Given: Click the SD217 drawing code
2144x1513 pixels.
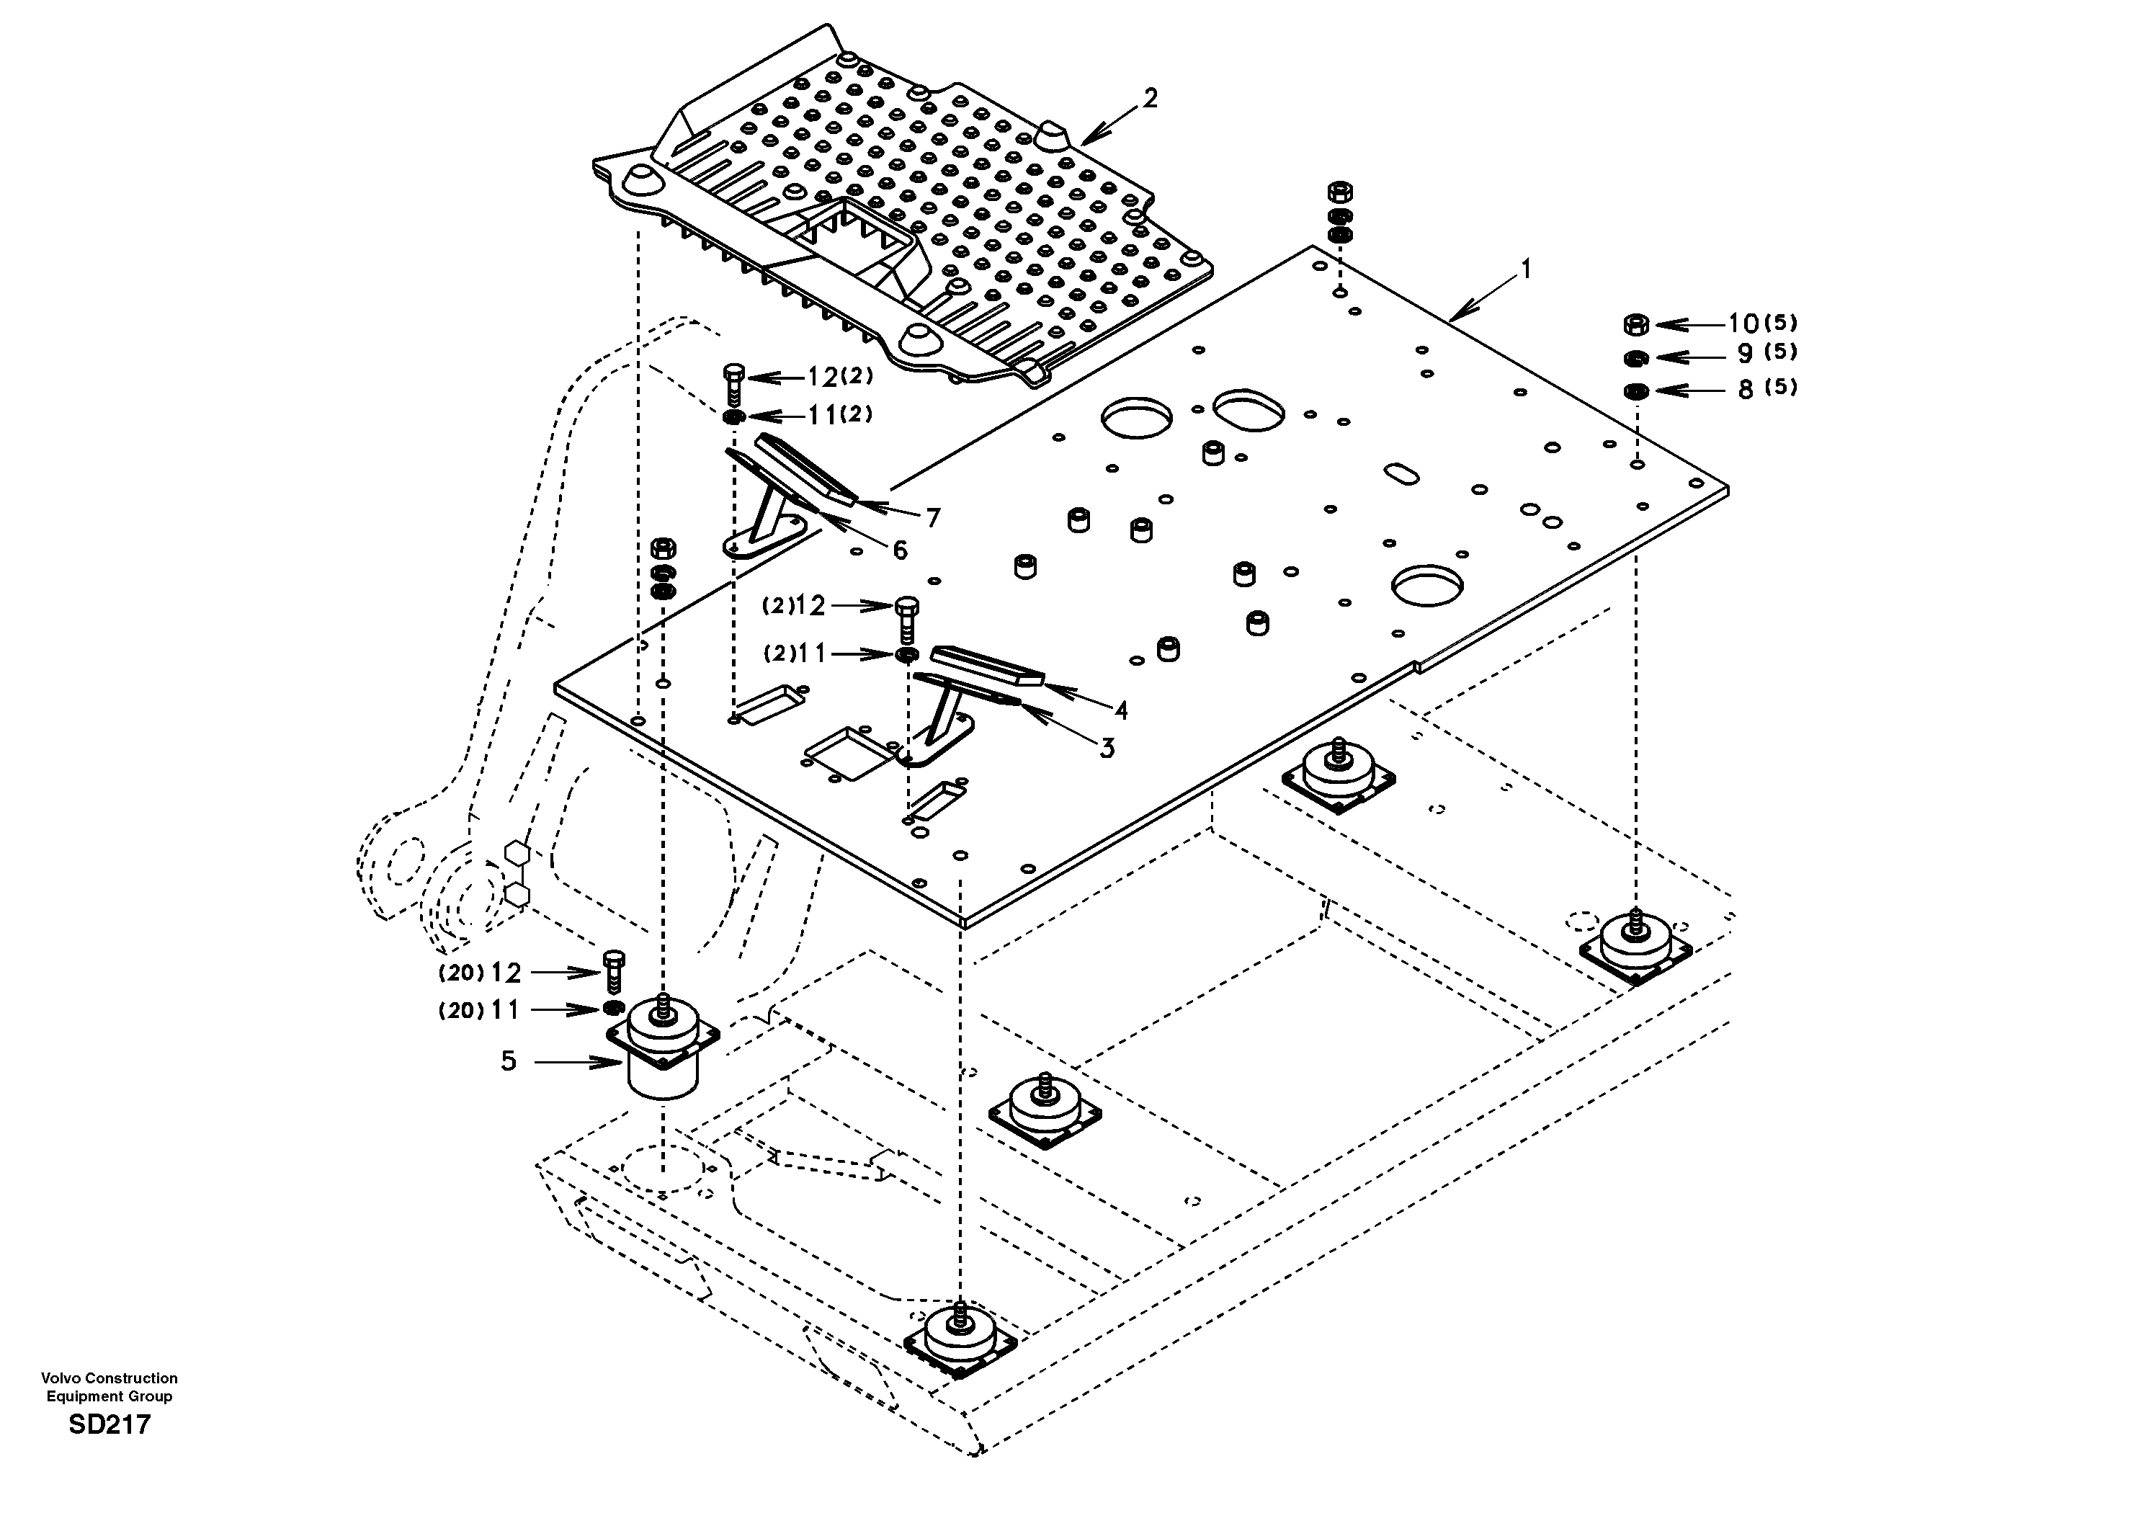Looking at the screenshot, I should pyautogui.click(x=110, y=1425).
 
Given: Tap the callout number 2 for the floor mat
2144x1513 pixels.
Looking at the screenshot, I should pyautogui.click(x=1151, y=98).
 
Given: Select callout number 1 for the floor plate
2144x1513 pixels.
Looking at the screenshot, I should pyautogui.click(x=1526, y=270).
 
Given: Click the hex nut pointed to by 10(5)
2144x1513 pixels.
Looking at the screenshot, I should pyautogui.click(x=1636, y=324).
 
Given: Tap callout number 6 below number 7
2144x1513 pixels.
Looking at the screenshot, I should pyautogui.click(x=899, y=550).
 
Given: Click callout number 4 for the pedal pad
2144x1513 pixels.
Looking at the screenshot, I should pyautogui.click(x=1120, y=710).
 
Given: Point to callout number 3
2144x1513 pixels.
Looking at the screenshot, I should pyautogui.click(x=1107, y=748).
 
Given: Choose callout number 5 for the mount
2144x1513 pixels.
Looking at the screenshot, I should pyautogui.click(x=508, y=1061).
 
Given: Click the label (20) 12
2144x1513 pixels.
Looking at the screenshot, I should pyautogui.click(x=480, y=973).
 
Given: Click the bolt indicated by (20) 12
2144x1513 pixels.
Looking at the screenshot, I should pyautogui.click(x=614, y=971).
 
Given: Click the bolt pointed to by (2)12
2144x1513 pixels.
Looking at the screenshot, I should pyautogui.click(x=906, y=617).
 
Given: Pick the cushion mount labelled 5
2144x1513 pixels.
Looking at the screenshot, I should pyautogui.click(x=662, y=1050).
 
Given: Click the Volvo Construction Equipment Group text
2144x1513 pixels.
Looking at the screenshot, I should pyautogui.click(x=110, y=1387).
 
